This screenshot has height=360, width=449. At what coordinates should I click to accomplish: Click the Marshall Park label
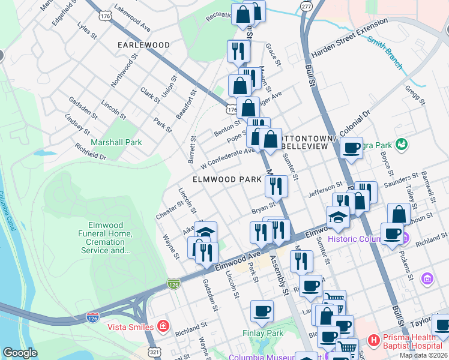(116, 142)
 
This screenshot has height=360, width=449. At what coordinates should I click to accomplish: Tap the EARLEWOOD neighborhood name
(143, 45)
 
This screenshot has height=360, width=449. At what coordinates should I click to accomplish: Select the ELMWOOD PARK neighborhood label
(227, 179)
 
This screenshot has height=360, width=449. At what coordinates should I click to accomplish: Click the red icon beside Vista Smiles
(163, 326)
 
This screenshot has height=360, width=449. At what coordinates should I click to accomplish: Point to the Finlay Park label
(262, 333)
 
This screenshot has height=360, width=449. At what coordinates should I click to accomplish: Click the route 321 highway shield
(154, 352)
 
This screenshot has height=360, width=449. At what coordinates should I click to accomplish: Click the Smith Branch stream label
(385, 52)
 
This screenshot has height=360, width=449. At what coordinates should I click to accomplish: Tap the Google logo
(20, 353)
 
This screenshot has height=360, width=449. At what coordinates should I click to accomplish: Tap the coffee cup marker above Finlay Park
(262, 311)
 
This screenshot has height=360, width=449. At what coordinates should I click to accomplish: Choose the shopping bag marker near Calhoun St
(399, 214)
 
